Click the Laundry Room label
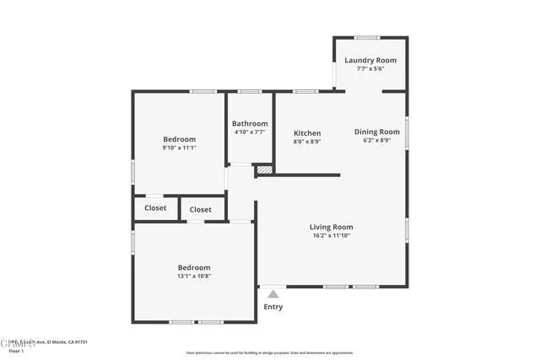click(x=370, y=61)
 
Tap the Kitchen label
click(x=307, y=133)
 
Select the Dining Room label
click(x=376, y=132)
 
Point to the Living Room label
click(x=331, y=227)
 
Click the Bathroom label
click(x=250, y=123)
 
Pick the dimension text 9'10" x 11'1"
click(x=179, y=148)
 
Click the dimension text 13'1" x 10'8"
click(x=193, y=276)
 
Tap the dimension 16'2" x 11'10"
click(x=331, y=235)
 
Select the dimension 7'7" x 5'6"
click(x=370, y=69)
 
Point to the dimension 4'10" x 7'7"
click(x=250, y=132)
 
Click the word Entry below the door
click(x=273, y=307)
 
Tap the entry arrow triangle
click(x=273, y=294)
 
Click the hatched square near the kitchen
click(x=265, y=169)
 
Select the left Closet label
click(x=155, y=207)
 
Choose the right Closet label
click(x=201, y=209)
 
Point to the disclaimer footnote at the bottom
click(x=269, y=353)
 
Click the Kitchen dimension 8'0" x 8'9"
click(x=307, y=142)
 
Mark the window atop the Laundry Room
click(x=365, y=37)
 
